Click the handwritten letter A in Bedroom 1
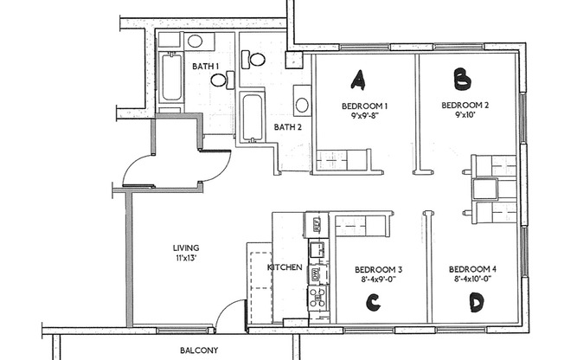point(356,80)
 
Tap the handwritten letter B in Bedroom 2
point(463,79)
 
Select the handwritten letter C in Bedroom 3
point(374,302)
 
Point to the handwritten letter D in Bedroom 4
point(476,302)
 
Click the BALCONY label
point(199,350)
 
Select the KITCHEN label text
point(285,267)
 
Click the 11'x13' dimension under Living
point(185,257)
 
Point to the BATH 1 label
point(205,66)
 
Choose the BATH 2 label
point(287,126)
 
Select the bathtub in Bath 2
point(252,118)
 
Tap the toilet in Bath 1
point(219,80)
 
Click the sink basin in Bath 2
point(302,105)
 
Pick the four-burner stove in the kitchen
point(317,298)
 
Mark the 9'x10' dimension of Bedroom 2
point(465,115)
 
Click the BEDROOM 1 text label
point(364,106)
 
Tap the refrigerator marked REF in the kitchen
point(317,225)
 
